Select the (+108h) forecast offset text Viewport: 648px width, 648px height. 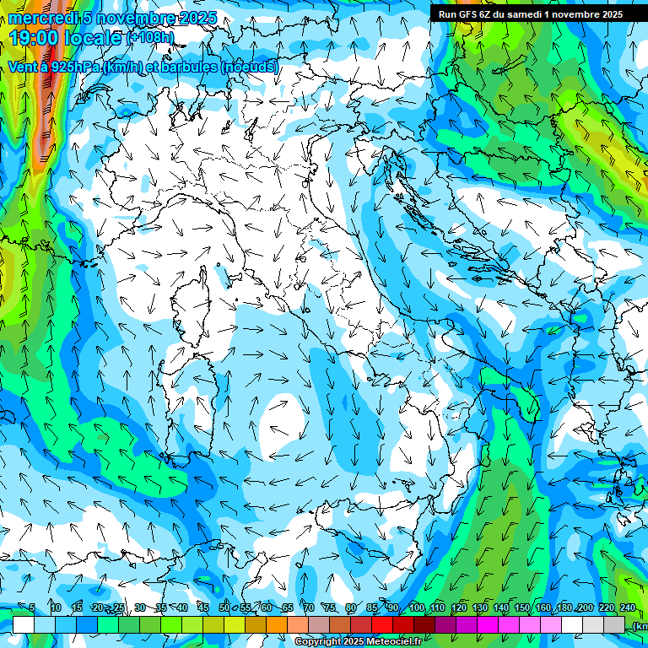[x=150, y=38]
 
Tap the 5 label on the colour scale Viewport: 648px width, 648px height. [x=32, y=607]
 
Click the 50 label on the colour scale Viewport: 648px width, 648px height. [x=224, y=607]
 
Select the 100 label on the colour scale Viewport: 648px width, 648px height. [x=417, y=607]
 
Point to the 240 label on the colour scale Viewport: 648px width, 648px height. [x=628, y=607]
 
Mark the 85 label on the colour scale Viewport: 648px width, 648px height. [x=372, y=607]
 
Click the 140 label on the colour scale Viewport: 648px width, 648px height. [x=501, y=607]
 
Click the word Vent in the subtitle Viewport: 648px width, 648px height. [x=22, y=67]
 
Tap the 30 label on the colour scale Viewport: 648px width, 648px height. [x=140, y=607]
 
